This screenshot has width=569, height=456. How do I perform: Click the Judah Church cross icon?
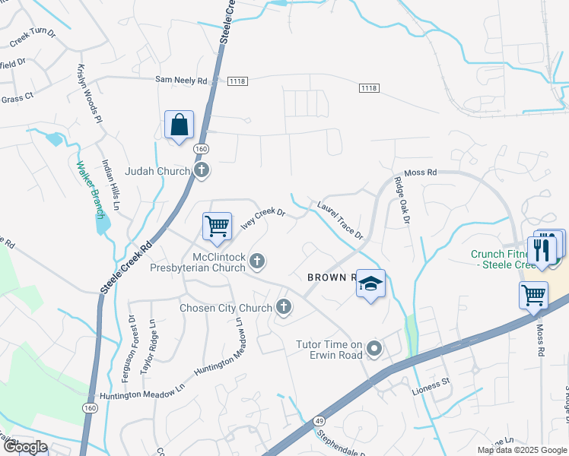tap(201, 170)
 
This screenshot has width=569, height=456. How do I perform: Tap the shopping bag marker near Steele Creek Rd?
tap(179, 125)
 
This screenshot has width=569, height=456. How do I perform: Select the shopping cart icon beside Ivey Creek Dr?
tap(218, 226)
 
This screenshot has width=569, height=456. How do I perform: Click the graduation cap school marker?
tap(370, 284)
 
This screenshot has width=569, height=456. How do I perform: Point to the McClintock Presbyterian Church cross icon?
tap(257, 261)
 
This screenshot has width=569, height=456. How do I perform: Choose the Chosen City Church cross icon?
tap(283, 307)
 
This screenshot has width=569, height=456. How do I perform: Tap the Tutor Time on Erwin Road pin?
tap(374, 349)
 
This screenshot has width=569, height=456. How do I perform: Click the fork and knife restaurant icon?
tap(542, 251)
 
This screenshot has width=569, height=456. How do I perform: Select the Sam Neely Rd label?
tap(181, 79)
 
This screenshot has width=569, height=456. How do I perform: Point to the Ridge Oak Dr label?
tap(402, 201)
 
